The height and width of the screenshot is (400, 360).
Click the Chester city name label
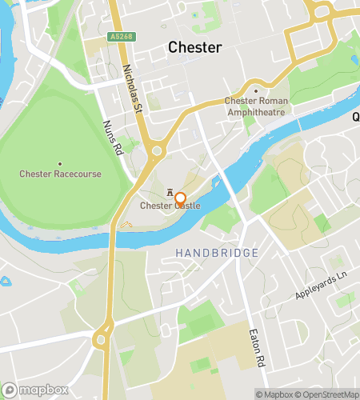pos(194,47)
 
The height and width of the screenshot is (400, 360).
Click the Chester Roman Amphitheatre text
pos(255,106)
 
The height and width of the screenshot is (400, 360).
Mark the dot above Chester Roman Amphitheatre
pos(256,90)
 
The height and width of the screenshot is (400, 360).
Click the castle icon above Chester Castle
pos(170,194)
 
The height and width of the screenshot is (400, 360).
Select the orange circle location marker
pos(181,200)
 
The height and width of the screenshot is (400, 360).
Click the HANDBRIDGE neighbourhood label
pos(217,253)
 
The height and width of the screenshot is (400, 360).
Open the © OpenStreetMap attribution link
pos(327,394)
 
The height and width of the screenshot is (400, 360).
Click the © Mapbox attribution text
pos(274,394)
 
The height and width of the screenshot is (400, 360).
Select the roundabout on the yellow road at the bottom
pos(102,338)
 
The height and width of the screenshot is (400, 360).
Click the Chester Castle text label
pos(170,206)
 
